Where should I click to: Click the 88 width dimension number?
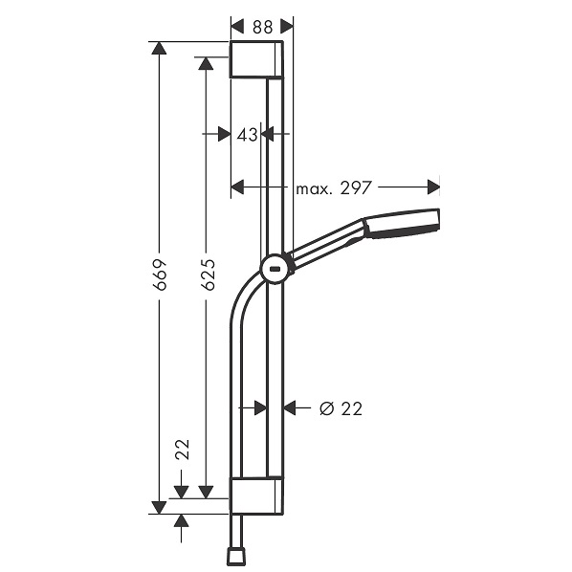262,27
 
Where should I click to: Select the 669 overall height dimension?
160,275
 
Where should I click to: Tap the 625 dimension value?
208,275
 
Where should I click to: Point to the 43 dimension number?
247,135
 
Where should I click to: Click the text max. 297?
334,187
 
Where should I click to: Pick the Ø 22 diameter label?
341,408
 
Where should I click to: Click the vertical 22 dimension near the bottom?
183,449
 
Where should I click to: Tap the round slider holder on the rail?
277,270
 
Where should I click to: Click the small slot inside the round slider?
275,270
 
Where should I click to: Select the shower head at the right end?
402,223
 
